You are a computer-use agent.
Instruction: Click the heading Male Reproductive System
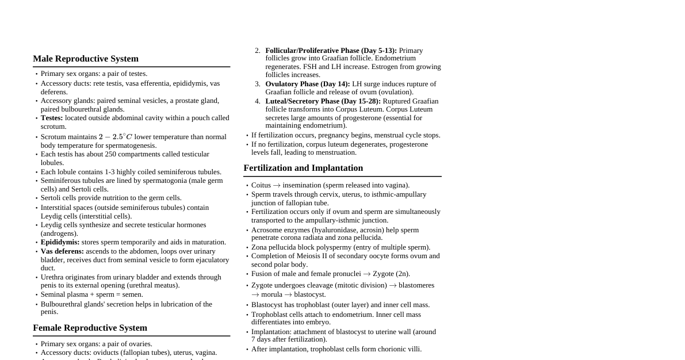pyautogui.click(x=86, y=59)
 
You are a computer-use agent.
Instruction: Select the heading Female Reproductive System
pyautogui.click(x=90, y=328)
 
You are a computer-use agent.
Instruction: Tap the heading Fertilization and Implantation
pyautogui.click(x=303, y=168)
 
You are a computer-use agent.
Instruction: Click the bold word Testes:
pyautogui.click(x=52, y=118)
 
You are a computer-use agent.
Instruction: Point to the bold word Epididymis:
pyautogui.click(x=60, y=242)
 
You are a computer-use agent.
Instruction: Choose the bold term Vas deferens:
pyautogui.click(x=62, y=251)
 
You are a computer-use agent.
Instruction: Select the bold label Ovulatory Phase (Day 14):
pyautogui.click(x=307, y=84)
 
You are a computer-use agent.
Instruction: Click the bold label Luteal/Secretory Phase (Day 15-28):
pyautogui.click(x=323, y=101)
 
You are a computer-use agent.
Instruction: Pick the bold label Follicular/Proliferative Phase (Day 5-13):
pyautogui.click(x=331, y=51)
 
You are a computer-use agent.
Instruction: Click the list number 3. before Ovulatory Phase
pyautogui.click(x=258, y=84)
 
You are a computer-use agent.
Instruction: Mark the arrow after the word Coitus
pyautogui.click(x=277, y=185)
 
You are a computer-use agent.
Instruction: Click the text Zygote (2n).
pyautogui.click(x=391, y=274)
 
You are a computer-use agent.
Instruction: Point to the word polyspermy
pyautogui.click(x=332, y=247)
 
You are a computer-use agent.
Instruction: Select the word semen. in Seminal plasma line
pyautogui.click(x=132, y=294)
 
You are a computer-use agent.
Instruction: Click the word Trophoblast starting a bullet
pyautogui.click(x=270, y=315)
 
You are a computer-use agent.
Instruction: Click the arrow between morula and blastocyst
pyautogui.click(x=288, y=294)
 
